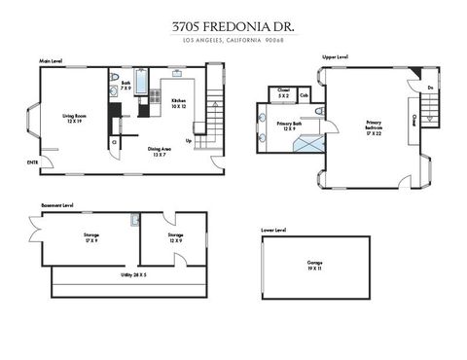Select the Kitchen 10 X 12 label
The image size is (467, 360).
[x=179, y=103]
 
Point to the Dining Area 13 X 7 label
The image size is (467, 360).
[x=158, y=151]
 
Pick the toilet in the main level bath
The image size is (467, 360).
[x=115, y=78]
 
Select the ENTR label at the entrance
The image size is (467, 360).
[x=32, y=162]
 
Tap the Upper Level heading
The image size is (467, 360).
[x=336, y=56]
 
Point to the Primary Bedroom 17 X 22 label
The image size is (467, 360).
[x=374, y=126]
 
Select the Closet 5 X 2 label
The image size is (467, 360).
[x=283, y=95]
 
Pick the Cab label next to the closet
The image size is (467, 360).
[x=305, y=95]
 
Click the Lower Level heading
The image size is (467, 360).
[x=273, y=230]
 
